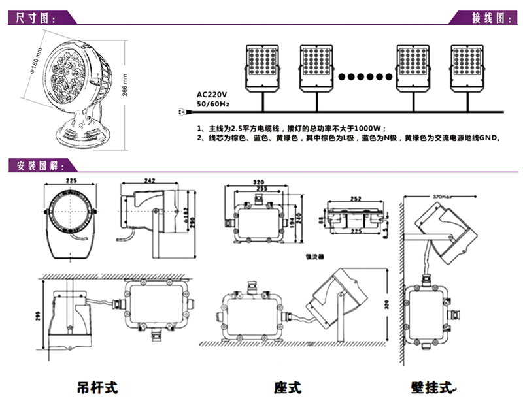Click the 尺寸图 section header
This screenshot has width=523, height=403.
pyautogui.click(x=33, y=18)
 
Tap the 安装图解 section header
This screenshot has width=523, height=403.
pyautogui.click(x=36, y=164)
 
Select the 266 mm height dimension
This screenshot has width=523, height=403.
pyautogui.click(x=126, y=83)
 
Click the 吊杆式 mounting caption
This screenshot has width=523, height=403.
pyautogui.click(x=98, y=387)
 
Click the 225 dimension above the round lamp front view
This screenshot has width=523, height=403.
pyautogui.click(x=72, y=182)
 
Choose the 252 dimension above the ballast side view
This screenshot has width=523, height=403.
pyautogui.click(x=356, y=197)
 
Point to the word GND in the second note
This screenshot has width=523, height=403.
pyautogui.click(x=489, y=138)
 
